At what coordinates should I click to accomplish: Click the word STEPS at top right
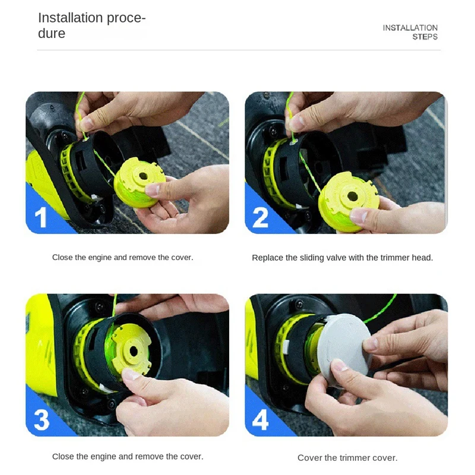click(425, 37)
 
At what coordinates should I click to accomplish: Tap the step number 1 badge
click(41, 217)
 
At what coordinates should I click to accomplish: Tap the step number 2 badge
click(261, 217)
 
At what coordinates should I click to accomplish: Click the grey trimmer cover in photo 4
click(347, 350)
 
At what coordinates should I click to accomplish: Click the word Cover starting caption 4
click(309, 458)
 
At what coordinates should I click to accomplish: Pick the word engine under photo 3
click(111, 457)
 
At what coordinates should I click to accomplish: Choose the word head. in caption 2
click(423, 258)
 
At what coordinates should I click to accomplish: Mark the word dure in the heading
click(52, 34)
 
